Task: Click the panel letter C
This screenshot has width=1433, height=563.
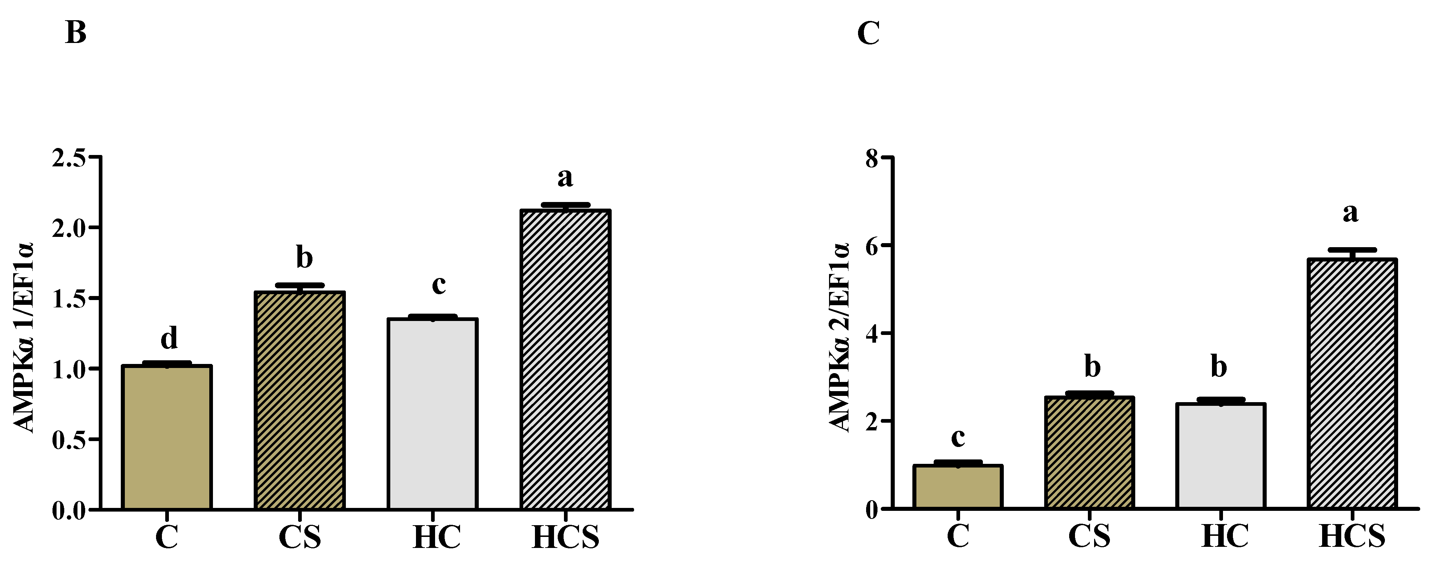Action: click(868, 34)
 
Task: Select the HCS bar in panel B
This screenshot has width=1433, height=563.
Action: click(565, 360)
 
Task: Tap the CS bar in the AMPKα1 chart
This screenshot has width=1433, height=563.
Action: click(300, 401)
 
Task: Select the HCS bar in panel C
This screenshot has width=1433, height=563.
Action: click(1352, 384)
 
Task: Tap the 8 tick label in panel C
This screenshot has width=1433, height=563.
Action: click(872, 159)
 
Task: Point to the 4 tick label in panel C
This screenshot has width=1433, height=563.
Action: click(872, 334)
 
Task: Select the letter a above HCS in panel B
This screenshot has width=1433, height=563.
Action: click(565, 178)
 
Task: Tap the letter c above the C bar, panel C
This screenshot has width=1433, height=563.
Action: click(958, 437)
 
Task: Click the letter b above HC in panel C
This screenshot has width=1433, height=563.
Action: click(1219, 367)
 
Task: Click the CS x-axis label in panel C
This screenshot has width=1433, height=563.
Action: click(1089, 536)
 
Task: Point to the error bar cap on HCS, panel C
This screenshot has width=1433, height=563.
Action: click(1352, 250)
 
